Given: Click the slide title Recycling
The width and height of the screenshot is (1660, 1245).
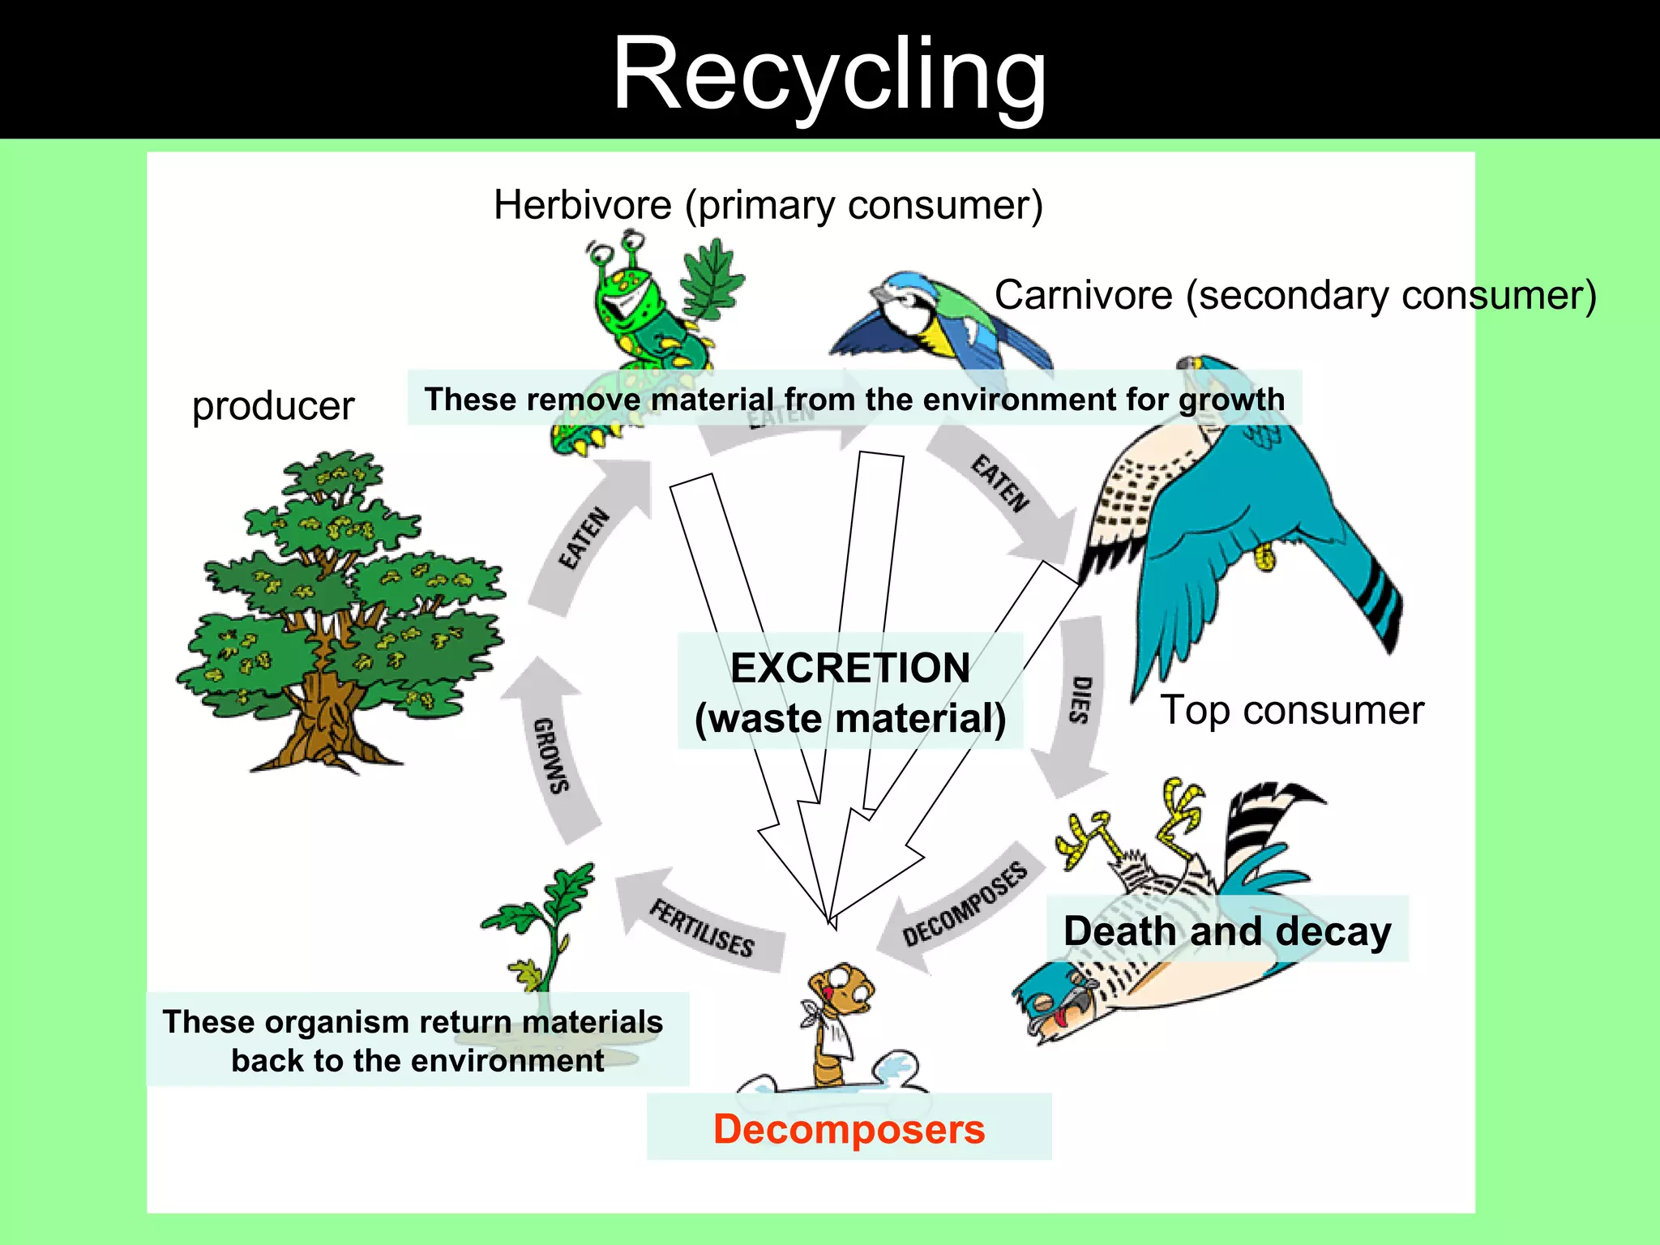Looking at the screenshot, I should point(829,75).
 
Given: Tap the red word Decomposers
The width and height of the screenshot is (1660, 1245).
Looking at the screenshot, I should point(849,1129).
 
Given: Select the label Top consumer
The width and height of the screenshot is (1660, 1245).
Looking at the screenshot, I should point(1292,711).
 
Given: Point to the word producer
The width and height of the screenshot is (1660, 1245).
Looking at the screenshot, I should point(273,406).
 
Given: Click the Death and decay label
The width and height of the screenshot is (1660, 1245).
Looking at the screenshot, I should point(1226,931).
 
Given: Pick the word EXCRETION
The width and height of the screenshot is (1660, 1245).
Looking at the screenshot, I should point(850,669).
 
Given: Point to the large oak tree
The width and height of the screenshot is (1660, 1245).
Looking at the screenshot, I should point(340,608).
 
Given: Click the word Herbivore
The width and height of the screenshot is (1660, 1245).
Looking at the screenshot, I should point(582,205).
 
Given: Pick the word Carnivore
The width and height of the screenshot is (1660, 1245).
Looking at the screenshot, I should point(1083,295).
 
